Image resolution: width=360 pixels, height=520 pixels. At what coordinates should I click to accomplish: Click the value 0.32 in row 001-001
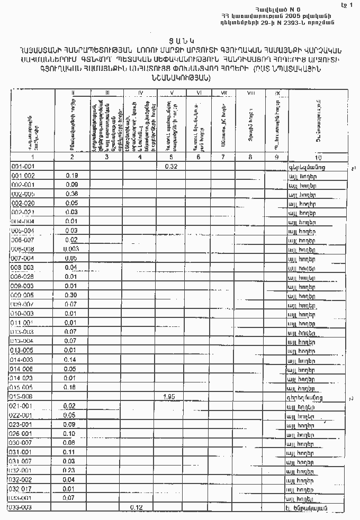click(170, 167)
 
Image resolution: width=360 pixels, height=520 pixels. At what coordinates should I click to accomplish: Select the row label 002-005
click(23, 194)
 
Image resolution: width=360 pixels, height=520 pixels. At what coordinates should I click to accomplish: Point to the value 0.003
click(71, 249)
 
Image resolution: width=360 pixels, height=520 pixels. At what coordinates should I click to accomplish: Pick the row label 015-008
click(23, 396)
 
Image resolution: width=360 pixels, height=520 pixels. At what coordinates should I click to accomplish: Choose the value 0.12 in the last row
click(137, 507)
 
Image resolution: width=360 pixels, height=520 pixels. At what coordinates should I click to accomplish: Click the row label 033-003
click(22, 507)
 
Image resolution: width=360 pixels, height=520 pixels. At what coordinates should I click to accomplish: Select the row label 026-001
click(23, 433)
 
